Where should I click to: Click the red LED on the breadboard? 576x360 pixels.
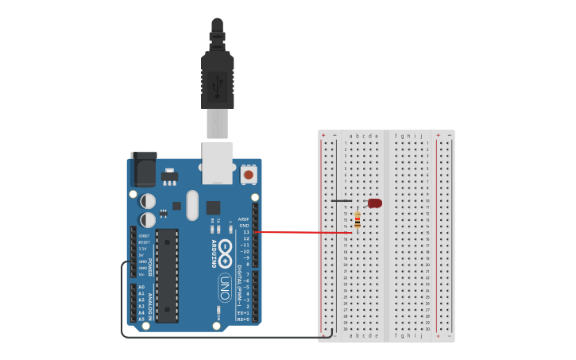375,203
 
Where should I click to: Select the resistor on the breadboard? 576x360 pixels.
358,220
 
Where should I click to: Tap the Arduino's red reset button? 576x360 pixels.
249,175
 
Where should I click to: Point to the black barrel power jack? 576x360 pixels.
144,170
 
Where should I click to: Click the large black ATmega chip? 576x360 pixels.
167,275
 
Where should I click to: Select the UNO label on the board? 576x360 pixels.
224,288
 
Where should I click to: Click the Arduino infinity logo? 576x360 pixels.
225,254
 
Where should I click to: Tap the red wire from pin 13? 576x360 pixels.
302,233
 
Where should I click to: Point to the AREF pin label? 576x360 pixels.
244,219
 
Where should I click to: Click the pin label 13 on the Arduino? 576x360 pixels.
245,232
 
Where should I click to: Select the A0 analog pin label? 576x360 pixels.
141,287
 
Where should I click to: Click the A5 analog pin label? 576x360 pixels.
141,319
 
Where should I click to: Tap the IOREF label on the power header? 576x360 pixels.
143,236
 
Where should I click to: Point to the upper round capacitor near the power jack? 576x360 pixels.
148,201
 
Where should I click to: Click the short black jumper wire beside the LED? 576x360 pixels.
342,201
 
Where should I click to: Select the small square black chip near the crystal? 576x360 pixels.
213,207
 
